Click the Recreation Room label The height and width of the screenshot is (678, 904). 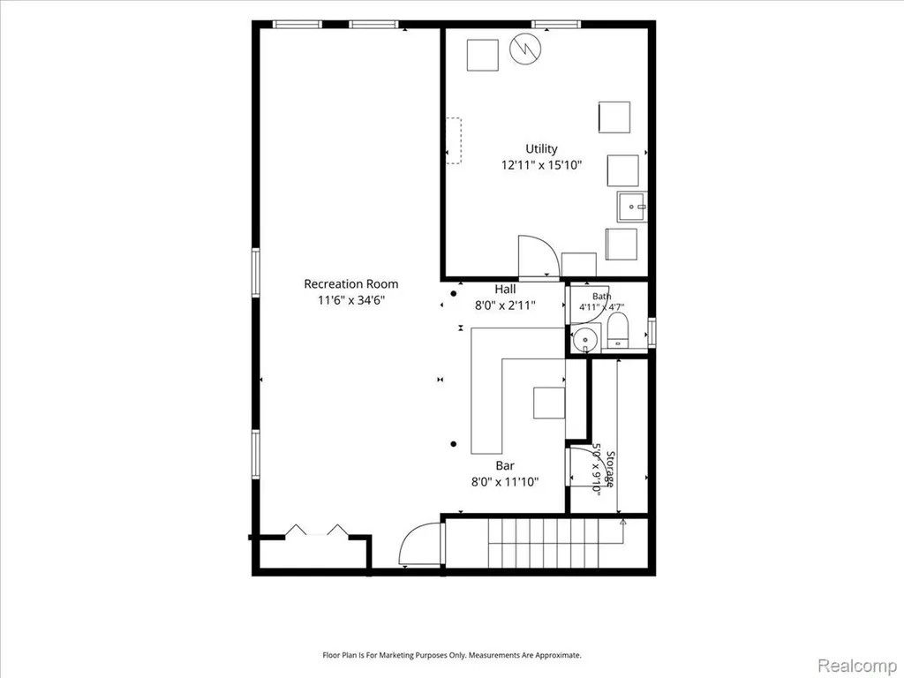point(350,283)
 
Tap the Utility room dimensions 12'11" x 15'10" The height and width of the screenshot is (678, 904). point(541,165)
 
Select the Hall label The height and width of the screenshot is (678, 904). point(505,289)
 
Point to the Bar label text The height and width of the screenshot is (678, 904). point(504,465)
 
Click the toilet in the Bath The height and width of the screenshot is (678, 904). point(617,330)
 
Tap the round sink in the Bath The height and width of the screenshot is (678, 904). point(586,337)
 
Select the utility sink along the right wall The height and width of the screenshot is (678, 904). point(632,207)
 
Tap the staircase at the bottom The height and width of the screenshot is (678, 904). point(556,543)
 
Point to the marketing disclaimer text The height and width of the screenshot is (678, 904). point(451,655)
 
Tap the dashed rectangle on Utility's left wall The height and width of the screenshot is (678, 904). point(455,140)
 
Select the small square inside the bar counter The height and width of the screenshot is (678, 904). point(549,403)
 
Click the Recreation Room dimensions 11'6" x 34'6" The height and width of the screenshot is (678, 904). point(350,300)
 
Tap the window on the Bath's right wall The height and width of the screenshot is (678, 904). point(652,333)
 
